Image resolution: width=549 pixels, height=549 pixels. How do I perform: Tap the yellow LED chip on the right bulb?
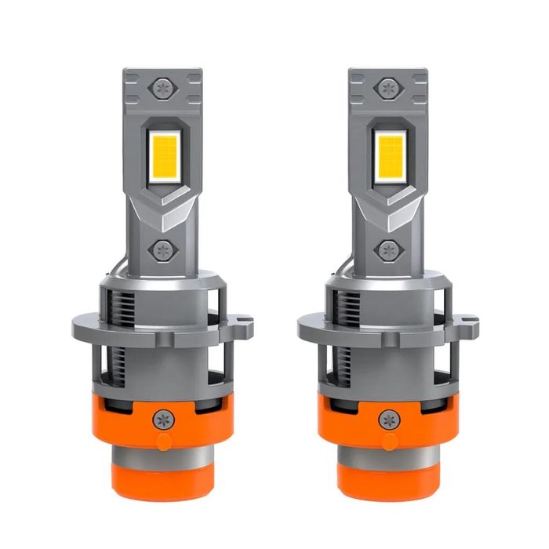pos(389,151)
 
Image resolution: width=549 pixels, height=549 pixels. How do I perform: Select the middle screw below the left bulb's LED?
pos(164,250)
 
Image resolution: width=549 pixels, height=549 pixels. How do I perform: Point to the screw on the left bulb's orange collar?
pos(162,418)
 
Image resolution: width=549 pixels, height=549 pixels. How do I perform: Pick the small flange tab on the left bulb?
pos(245,321)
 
